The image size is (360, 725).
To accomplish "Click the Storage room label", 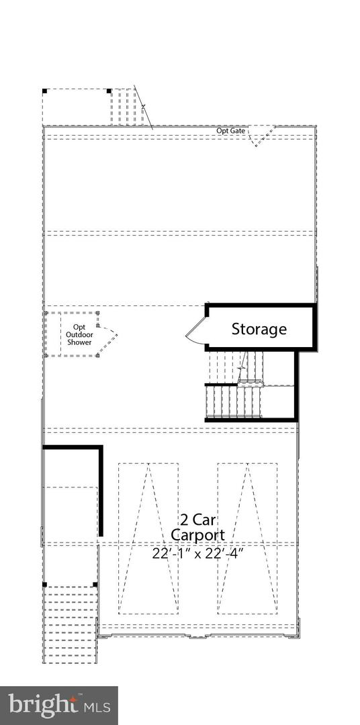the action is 259,329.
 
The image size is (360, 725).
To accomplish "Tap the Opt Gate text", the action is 231,131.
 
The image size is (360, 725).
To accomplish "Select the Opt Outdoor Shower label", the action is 79,335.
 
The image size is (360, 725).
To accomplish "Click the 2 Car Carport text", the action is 197,528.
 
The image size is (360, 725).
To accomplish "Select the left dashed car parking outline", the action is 148,538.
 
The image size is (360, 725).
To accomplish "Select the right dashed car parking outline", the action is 248,538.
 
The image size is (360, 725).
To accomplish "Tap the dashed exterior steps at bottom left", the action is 70,625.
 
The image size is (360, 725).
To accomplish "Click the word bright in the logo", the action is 42,704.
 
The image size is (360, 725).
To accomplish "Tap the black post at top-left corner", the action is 45,91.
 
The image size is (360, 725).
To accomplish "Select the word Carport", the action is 197,535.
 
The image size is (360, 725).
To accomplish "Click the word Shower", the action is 79,342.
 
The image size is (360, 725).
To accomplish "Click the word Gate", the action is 237,131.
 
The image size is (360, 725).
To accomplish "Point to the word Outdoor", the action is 79,335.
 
